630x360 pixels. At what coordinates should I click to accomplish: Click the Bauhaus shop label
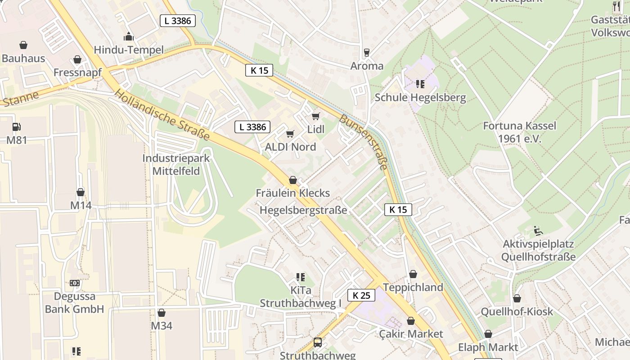click(x=23, y=58)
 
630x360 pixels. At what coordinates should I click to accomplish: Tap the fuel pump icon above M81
click(x=16, y=127)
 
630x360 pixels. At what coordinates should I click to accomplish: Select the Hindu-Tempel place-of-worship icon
click(x=129, y=36)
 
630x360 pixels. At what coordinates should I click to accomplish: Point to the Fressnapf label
click(x=78, y=72)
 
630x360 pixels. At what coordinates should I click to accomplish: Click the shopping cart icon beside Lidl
click(x=316, y=116)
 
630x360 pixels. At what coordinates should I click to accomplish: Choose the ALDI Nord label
click(x=290, y=147)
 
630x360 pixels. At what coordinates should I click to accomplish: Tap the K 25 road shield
click(x=361, y=295)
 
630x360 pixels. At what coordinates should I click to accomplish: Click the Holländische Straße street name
click(x=162, y=114)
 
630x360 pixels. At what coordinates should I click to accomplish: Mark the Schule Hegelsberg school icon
click(x=420, y=84)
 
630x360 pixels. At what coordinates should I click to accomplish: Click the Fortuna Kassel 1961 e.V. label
click(x=519, y=132)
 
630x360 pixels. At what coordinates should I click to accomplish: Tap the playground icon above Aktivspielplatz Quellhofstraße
click(x=538, y=231)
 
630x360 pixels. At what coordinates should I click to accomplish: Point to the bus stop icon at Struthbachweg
click(x=318, y=342)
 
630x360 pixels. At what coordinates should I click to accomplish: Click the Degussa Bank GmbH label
click(x=74, y=302)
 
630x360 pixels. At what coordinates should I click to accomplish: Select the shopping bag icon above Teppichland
click(x=413, y=274)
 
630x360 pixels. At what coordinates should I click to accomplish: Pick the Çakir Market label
click(x=410, y=334)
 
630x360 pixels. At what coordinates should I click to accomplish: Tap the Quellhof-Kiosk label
click(x=517, y=311)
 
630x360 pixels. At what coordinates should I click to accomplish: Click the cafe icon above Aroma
click(x=367, y=53)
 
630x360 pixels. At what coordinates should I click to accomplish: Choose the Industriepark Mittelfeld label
click(x=176, y=165)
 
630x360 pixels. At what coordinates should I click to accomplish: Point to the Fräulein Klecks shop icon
click(x=293, y=180)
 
